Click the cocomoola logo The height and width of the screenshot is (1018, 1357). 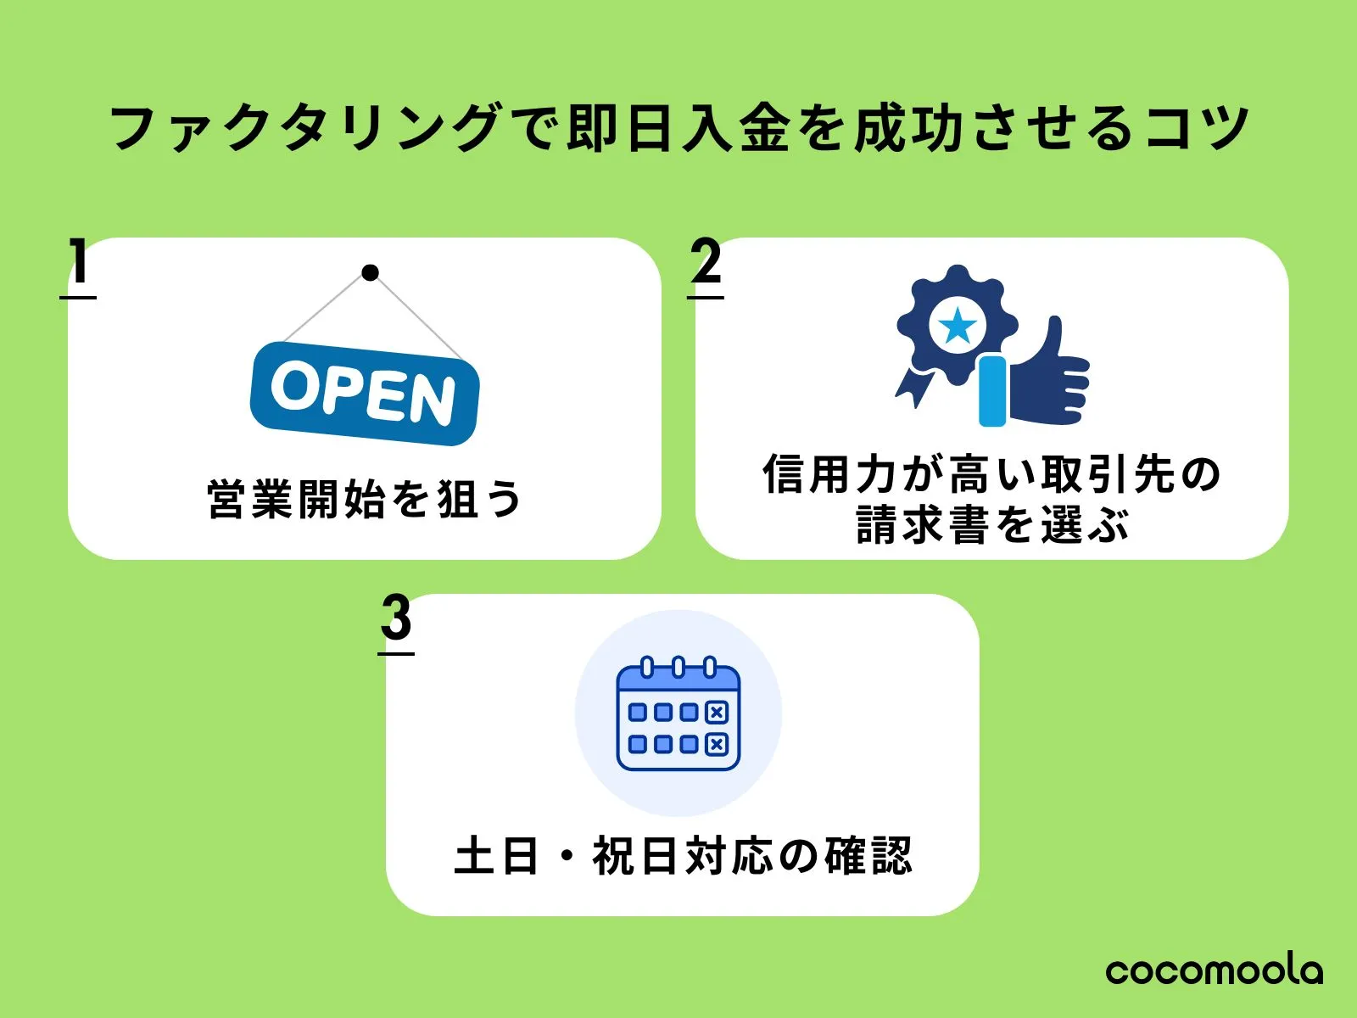tap(1215, 971)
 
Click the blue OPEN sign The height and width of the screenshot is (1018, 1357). tap(365, 394)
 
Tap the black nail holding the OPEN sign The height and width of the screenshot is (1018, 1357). tap(370, 272)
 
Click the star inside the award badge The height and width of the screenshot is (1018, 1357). tap(957, 325)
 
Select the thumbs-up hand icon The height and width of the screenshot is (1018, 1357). tap(1034, 372)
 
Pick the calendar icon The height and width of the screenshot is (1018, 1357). tap(678, 713)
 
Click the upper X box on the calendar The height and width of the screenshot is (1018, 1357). tap(717, 712)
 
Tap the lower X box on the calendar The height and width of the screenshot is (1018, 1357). tap(717, 744)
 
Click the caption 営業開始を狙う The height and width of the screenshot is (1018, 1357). tap(365, 499)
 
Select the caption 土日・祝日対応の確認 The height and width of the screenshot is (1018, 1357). tap(683, 855)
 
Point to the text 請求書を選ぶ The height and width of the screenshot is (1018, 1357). tap(993, 524)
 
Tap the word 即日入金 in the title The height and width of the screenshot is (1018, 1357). tap(678, 128)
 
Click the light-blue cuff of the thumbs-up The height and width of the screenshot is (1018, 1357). tap(993, 390)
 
